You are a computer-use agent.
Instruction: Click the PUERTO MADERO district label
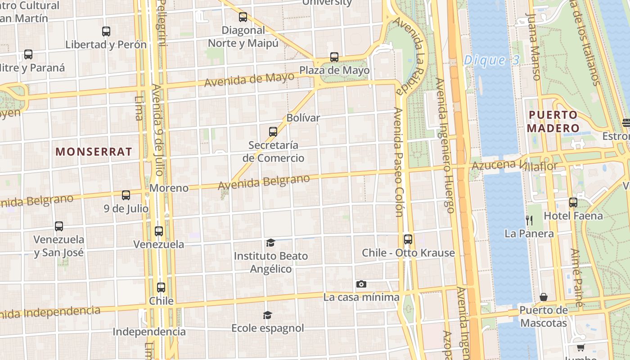[x=553, y=121]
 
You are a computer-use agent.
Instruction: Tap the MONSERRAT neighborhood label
[x=94, y=152]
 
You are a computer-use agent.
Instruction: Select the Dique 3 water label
[x=491, y=60]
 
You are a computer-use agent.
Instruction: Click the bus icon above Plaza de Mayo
[x=334, y=57]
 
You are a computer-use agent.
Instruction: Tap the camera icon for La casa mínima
[x=361, y=284]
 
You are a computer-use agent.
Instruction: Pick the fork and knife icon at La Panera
[x=529, y=220]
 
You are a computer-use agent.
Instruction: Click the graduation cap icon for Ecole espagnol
[x=268, y=315]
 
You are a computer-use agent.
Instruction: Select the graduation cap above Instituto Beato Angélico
[x=270, y=243]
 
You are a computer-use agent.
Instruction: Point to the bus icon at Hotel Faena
[x=573, y=202]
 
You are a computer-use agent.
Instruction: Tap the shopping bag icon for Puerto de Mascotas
[x=544, y=297]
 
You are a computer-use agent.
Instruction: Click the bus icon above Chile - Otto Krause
[x=408, y=239]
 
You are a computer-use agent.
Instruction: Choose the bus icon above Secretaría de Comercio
[x=273, y=132]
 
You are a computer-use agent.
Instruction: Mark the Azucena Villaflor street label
[x=514, y=166]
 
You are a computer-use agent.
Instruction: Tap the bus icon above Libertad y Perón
[x=106, y=31]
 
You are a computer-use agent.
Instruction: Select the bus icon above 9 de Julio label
[x=126, y=195]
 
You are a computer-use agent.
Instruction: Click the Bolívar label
[x=303, y=118]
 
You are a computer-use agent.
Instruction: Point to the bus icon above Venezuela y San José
[x=59, y=226]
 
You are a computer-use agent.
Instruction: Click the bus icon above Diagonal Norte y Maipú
[x=243, y=17]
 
